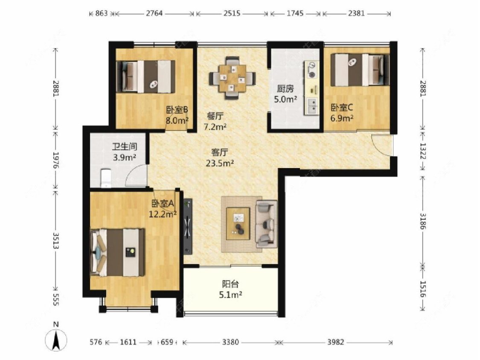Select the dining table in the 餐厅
(x=233, y=78)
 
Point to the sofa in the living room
(x=266, y=224)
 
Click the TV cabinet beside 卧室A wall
(x=188, y=226)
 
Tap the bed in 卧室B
(x=146, y=76)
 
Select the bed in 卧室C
(x=360, y=70)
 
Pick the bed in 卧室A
(x=118, y=252)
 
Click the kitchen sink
(x=312, y=106)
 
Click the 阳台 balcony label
(x=230, y=284)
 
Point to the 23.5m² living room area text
(x=220, y=163)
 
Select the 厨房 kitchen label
(x=285, y=89)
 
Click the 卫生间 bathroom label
(x=124, y=147)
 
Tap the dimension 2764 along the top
(x=154, y=13)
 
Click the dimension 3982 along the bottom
(x=336, y=342)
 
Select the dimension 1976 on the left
(x=56, y=160)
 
